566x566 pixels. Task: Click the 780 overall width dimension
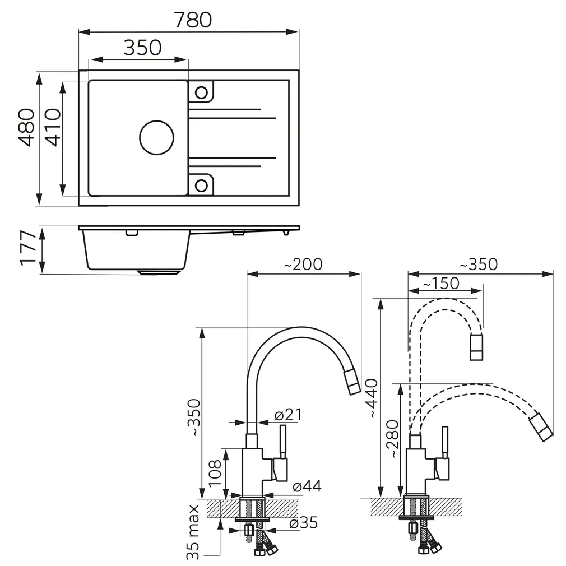(192, 20)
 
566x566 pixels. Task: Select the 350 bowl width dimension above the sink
(142, 48)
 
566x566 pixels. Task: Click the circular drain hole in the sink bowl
(156, 137)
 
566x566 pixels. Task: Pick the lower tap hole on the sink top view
(201, 184)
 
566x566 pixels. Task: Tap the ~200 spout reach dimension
(303, 264)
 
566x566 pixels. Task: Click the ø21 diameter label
(288, 415)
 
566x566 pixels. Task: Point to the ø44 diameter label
(306, 486)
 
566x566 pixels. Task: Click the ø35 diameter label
(303, 523)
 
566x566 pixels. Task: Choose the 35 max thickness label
(194, 532)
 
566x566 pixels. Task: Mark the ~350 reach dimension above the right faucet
(478, 264)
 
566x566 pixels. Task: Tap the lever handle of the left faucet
(284, 443)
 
